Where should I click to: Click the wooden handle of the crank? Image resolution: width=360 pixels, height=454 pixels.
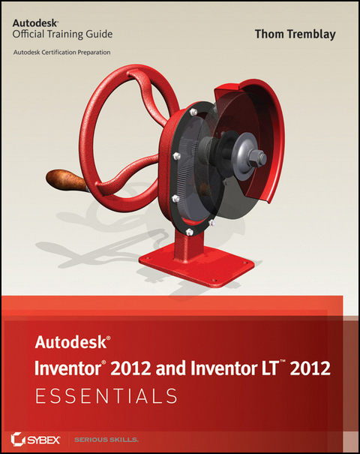click(x=62, y=180)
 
